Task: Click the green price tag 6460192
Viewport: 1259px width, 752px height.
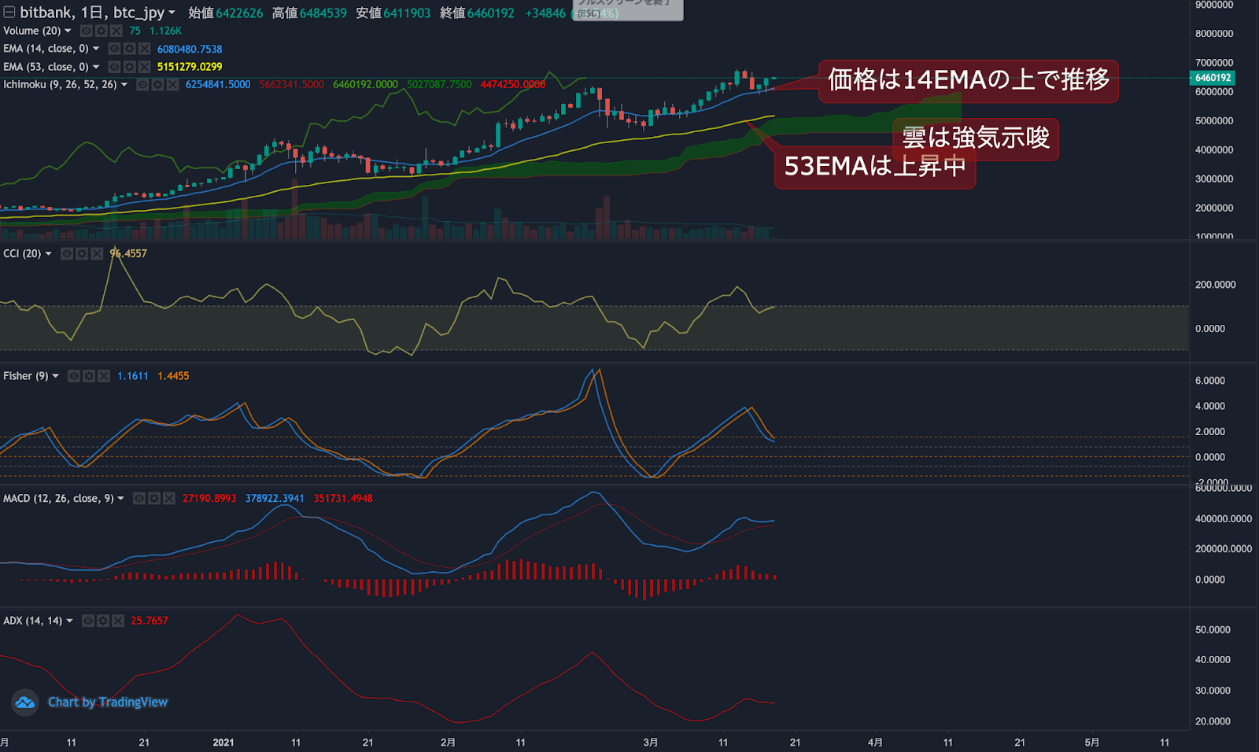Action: [1213, 78]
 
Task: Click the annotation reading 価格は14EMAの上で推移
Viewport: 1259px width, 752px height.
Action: [968, 80]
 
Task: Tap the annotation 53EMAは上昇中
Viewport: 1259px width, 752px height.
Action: [874, 166]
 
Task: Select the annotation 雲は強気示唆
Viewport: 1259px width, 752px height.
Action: [976, 138]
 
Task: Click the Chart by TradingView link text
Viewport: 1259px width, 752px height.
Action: [108, 702]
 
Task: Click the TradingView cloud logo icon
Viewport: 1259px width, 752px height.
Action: [25, 702]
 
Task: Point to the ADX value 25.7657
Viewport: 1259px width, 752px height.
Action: [150, 621]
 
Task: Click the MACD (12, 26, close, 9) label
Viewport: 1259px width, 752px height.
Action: [59, 499]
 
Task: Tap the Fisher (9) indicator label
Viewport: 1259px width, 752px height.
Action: [26, 376]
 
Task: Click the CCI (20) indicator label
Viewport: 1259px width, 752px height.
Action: [22, 253]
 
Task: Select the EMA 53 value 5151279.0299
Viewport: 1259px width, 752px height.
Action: [190, 67]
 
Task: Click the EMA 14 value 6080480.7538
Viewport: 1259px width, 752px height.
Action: [190, 49]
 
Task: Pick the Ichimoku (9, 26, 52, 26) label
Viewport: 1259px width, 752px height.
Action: [60, 84]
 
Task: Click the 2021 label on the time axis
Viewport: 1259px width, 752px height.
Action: [223, 742]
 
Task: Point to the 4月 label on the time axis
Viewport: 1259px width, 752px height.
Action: [875, 742]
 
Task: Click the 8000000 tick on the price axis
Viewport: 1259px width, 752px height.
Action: [1214, 34]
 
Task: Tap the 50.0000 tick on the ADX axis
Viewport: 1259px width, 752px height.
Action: [1213, 630]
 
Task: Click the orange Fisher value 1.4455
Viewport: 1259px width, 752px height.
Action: [173, 376]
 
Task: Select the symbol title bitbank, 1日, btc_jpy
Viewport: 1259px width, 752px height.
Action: [92, 13]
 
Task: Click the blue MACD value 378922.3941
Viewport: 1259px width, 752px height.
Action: [275, 499]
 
